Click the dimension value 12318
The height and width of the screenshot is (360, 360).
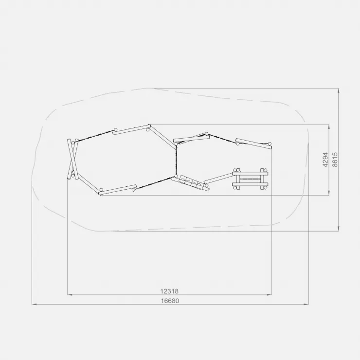tap(169, 291)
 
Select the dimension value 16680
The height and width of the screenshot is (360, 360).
tap(170, 301)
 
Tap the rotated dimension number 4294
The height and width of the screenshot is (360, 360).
tap(325, 160)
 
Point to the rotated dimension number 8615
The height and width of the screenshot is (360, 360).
tap(335, 160)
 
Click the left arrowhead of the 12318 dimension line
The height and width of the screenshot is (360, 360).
tap(70, 294)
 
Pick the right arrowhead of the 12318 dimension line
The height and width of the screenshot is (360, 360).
tap(270, 294)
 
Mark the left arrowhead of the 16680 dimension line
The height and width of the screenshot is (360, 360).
tap(34, 305)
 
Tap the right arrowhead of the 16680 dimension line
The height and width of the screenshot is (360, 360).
tap(306, 305)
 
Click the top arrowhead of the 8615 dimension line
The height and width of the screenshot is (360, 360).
tap(339, 90)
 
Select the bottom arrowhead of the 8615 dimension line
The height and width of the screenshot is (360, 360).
tap(339, 229)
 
